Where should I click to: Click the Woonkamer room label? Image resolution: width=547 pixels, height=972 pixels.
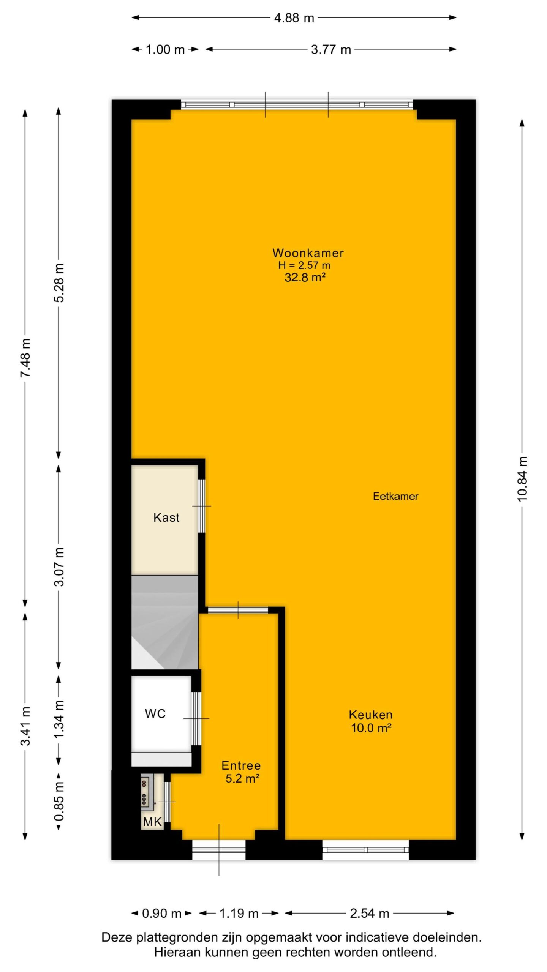click(308, 253)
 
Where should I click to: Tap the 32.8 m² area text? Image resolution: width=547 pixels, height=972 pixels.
click(305, 278)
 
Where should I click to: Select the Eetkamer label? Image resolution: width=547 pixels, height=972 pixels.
click(395, 496)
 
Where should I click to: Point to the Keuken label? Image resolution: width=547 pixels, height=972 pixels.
click(370, 715)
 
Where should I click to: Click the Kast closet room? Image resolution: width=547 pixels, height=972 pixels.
click(165, 520)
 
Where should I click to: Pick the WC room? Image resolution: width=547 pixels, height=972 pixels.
click(161, 714)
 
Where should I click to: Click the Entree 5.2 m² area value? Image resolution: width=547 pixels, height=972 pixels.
click(242, 779)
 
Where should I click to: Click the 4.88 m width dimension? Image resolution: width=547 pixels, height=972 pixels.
click(294, 17)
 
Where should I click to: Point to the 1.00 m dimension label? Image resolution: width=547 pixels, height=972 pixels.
click(165, 49)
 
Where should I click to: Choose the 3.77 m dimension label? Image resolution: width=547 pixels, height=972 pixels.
click(331, 49)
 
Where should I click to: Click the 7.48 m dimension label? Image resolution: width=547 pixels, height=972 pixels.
click(25, 358)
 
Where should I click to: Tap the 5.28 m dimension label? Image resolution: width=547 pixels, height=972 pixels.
click(59, 282)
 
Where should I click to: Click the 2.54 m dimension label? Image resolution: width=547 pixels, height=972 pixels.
click(370, 914)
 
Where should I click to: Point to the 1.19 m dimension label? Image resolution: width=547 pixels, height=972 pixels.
click(239, 914)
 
